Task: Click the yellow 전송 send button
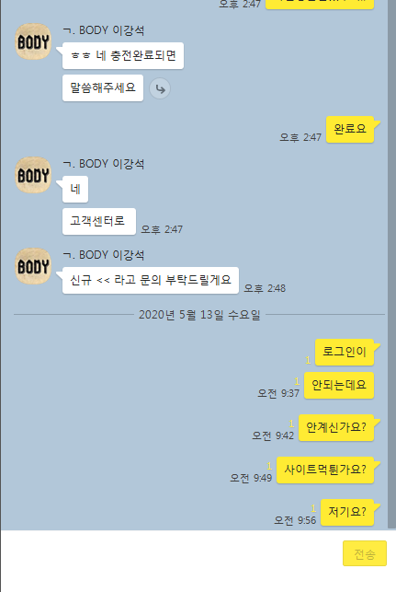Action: click(365, 553)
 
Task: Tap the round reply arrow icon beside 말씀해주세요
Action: click(160, 88)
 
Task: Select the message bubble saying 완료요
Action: click(350, 129)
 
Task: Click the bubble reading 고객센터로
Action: click(99, 221)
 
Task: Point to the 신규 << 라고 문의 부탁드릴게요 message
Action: click(151, 280)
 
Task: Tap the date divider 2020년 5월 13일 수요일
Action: click(199, 315)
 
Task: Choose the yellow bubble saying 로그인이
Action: click(345, 352)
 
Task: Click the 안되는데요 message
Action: click(339, 385)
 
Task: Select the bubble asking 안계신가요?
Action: click(336, 427)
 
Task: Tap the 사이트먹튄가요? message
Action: click(325, 470)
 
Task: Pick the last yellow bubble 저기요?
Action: click(347, 512)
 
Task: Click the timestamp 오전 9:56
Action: click(295, 520)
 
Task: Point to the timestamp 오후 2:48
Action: click(265, 288)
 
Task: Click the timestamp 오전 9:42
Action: click(273, 435)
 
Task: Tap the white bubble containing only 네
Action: click(75, 189)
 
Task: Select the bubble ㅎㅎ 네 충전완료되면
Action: click(123, 56)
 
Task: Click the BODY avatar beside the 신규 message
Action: click(33, 266)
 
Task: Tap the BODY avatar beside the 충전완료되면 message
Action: click(33, 41)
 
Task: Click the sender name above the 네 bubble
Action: click(104, 164)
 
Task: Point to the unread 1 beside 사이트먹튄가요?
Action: click(269, 466)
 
